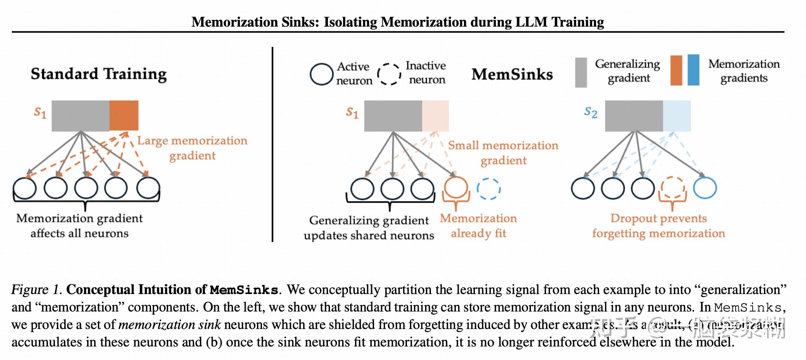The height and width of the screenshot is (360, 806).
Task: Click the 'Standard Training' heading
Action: pyautogui.click(x=99, y=74)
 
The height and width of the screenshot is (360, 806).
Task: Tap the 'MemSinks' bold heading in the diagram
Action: pyautogui.click(x=512, y=74)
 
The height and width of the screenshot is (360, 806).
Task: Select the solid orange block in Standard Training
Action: pyautogui.click(x=124, y=116)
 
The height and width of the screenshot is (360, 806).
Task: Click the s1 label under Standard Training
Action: pyautogui.click(x=40, y=112)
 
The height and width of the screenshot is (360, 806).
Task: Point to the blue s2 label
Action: pyautogui.click(x=591, y=112)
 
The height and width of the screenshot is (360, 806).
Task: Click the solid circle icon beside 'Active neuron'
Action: pyautogui.click(x=321, y=74)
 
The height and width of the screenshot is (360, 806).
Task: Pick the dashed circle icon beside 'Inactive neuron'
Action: pyautogui.click(x=389, y=74)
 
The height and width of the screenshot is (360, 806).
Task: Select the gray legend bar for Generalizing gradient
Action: pyautogui.click(x=581, y=72)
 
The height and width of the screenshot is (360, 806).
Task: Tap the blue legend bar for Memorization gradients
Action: pyautogui.click(x=693, y=70)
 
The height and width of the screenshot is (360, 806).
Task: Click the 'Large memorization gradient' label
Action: pyautogui.click(x=192, y=148)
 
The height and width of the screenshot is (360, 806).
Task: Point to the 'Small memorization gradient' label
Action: pyautogui.click(x=503, y=153)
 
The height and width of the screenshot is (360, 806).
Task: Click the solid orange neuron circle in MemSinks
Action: pyautogui.click(x=455, y=188)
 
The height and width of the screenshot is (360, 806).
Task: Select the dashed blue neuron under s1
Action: pyautogui.click(x=488, y=188)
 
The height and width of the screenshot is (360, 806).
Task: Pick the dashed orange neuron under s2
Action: pyautogui.click(x=672, y=188)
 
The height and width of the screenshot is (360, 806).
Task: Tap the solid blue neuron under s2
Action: pyautogui.click(x=705, y=188)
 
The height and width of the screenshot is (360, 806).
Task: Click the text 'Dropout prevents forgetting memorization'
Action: pyautogui.click(x=659, y=226)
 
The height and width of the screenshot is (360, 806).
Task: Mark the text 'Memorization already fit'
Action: pyautogui.click(x=478, y=226)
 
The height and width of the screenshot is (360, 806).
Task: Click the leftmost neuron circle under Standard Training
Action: pyautogui.click(x=25, y=188)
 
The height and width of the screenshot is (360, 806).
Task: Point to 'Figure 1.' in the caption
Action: pyautogui.click(x=36, y=290)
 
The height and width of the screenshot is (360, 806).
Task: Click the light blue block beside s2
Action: pyautogui.click(x=676, y=116)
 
